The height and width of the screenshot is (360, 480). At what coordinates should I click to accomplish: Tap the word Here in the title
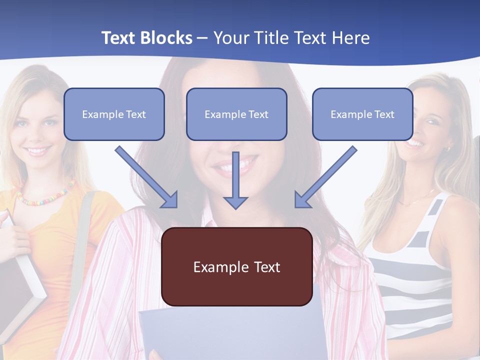tap(348, 38)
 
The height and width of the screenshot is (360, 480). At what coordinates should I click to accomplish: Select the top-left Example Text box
tap(114, 114)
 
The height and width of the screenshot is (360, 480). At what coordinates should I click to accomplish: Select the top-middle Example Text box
tap(236, 114)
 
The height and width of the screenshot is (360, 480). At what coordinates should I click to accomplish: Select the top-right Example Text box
tap(362, 114)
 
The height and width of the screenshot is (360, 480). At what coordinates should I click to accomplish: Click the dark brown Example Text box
tap(236, 267)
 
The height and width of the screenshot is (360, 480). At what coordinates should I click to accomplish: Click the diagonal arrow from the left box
tap(147, 177)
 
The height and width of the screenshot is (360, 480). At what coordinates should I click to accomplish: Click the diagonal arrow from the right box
tap(325, 177)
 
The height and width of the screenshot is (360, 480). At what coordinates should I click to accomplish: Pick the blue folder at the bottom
tap(230, 332)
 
